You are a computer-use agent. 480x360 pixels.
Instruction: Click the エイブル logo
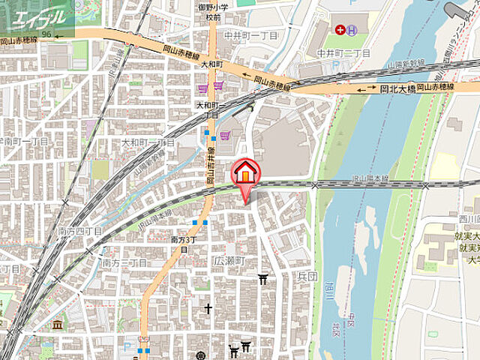click(37, 16)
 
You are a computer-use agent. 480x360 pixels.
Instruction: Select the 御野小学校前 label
click(209, 13)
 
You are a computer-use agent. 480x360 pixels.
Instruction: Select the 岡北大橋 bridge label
click(397, 88)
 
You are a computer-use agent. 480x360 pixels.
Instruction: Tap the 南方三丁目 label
click(124, 263)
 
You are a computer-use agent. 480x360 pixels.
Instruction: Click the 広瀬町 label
click(229, 262)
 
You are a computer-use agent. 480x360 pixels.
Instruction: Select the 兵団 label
click(307, 276)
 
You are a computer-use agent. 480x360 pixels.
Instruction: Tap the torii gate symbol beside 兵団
click(263, 279)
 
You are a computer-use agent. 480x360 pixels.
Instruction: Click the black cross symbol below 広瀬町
click(208, 308)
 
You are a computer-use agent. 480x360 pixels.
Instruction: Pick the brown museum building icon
click(58, 324)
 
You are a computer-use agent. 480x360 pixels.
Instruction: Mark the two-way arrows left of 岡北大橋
click(367, 89)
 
